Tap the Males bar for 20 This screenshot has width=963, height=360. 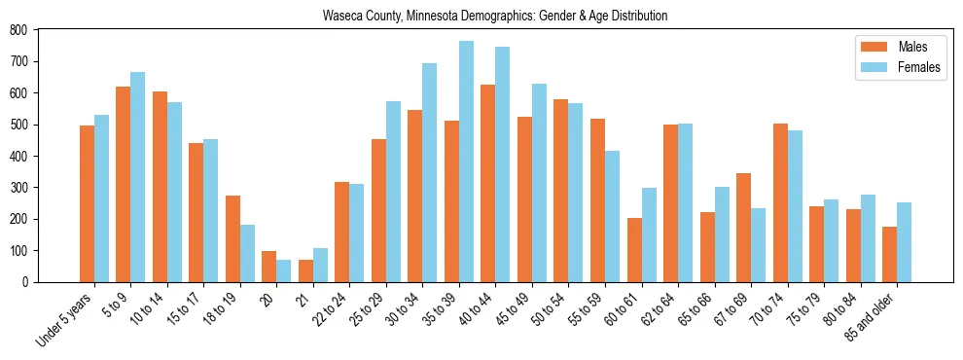pyautogui.click(x=269, y=267)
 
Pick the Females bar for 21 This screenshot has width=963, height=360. pyautogui.click(x=320, y=265)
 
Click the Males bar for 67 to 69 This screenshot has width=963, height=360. pyautogui.click(x=743, y=228)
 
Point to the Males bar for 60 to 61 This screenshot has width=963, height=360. pyautogui.click(x=634, y=250)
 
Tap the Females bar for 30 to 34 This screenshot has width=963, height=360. pyautogui.click(x=430, y=172)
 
